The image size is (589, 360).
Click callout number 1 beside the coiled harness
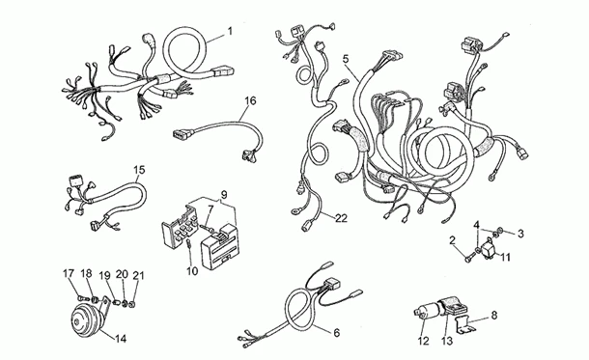pyautogui.click(x=230, y=31)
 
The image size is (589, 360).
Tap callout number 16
pyautogui.click(x=250, y=100)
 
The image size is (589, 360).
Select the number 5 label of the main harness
pyautogui.click(x=346, y=59)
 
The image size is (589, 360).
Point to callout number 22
pyautogui.click(x=342, y=218)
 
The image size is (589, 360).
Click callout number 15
pyautogui.click(x=139, y=170)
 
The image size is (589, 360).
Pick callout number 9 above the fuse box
pyautogui.click(x=224, y=195)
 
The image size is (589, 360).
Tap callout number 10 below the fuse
pyautogui.click(x=192, y=270)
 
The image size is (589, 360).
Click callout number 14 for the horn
pyautogui.click(x=121, y=339)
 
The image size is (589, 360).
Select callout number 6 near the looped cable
pyautogui.click(x=336, y=333)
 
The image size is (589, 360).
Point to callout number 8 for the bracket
pyautogui.click(x=494, y=315)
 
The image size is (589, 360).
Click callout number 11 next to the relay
pyautogui.click(x=505, y=258)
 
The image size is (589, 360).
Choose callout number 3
pyautogui.click(x=520, y=234)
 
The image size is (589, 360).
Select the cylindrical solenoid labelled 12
pyautogui.click(x=429, y=313)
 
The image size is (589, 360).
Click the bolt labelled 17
pyautogui.click(x=83, y=297)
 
